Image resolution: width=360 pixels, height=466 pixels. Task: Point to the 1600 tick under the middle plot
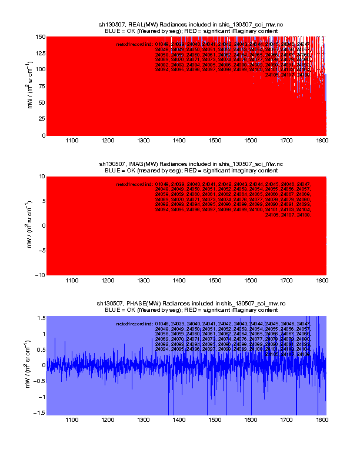coord(251,281)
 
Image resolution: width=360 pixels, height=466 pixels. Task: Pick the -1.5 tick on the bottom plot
coord(38,413)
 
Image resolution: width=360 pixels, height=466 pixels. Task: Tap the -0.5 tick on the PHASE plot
coord(38,381)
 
